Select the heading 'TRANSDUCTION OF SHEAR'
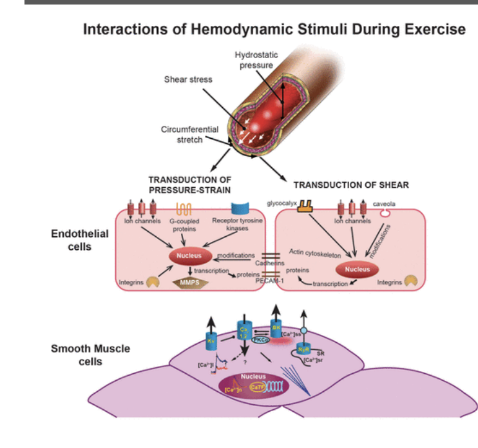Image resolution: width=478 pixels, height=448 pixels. coord(351,185)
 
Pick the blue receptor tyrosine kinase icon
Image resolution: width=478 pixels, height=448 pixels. coord(240,209)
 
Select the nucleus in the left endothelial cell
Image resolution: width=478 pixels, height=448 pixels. coord(189,256)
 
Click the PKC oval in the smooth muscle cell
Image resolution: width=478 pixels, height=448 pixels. coord(261,339)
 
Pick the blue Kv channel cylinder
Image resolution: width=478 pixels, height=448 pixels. coord(211,338)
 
